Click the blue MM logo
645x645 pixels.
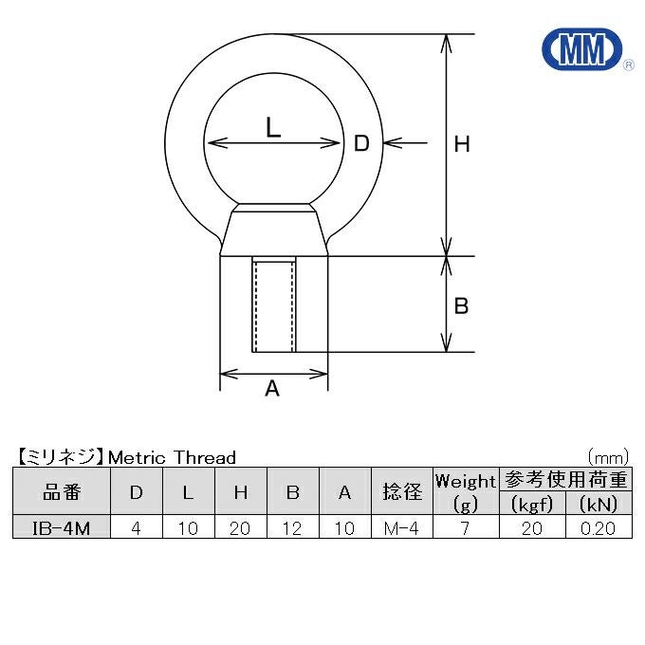(582, 49)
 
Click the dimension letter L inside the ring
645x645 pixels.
(273, 127)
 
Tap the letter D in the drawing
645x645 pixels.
(361, 143)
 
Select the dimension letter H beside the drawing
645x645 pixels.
(462, 144)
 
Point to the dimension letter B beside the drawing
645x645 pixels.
(461, 306)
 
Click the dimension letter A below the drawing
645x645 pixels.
(272, 388)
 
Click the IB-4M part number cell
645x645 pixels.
(62, 527)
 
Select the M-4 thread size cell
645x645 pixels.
(401, 527)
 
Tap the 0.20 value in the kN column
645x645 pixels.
(599, 527)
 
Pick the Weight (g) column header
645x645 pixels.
(466, 491)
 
